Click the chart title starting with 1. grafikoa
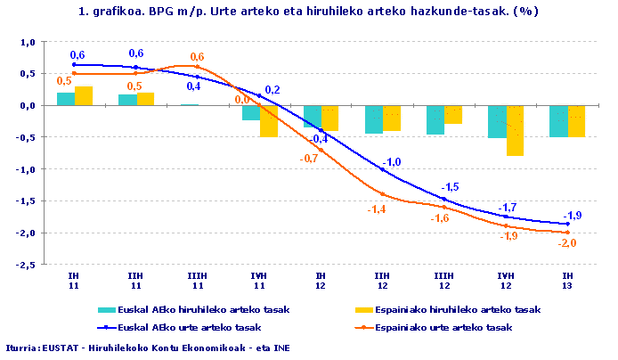(308, 12)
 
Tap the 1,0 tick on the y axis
(27, 42)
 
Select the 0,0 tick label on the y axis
(27, 105)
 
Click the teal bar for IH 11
(65, 99)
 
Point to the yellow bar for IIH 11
(145, 99)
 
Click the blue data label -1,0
(392, 161)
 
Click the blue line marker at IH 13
(568, 225)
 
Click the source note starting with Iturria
(147, 348)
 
